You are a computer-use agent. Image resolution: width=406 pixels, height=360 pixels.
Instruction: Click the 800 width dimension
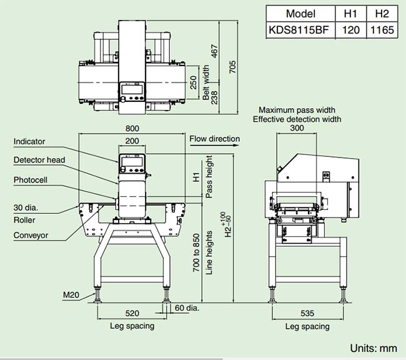[x=132, y=128]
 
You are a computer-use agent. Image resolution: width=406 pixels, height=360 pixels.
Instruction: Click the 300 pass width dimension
[x=297, y=127]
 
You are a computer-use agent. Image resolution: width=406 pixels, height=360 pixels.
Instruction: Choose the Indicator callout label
[x=29, y=142]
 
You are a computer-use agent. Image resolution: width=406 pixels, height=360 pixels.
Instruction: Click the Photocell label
[x=31, y=180]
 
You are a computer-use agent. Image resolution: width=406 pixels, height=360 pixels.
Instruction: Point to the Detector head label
[x=39, y=160]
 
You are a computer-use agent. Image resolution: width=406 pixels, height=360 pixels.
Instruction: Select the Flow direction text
[x=214, y=139]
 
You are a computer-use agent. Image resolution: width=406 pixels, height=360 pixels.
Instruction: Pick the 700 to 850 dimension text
[x=197, y=251]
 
